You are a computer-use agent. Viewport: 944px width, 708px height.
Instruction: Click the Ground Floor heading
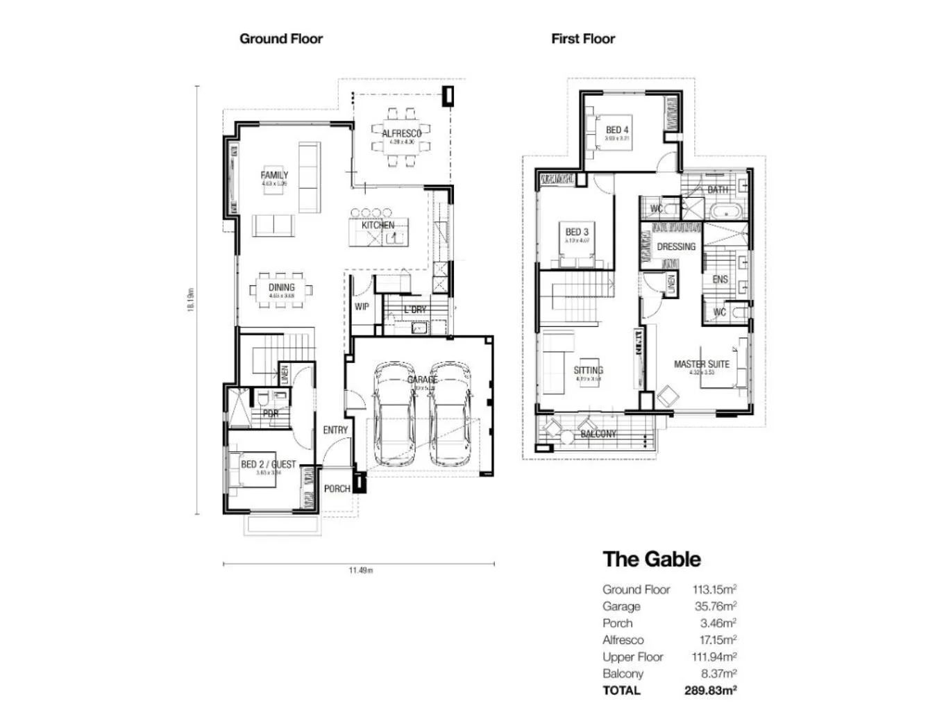[281, 39]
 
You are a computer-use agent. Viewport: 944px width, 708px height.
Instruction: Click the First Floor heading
[583, 39]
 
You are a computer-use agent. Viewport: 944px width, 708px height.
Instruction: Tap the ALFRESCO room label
[401, 133]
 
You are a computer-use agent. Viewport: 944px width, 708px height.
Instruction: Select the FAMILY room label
[274, 176]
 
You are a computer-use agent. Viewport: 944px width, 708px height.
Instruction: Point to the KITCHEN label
[378, 226]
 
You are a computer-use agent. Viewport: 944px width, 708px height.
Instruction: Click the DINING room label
[281, 287]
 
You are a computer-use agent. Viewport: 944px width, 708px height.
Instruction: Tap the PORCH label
[337, 489]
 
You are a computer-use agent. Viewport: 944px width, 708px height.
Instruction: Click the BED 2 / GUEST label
[268, 464]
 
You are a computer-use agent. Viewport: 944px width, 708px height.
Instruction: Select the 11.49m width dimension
[360, 571]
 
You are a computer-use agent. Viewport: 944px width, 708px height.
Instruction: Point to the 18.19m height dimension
[191, 300]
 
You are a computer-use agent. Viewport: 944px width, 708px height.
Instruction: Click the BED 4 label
[617, 130]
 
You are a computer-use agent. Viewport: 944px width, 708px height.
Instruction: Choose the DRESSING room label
[676, 246]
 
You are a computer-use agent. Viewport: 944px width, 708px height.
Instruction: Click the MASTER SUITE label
[702, 364]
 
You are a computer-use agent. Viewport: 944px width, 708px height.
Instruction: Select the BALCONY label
[598, 434]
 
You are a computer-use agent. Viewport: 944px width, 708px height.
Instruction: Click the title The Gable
[652, 559]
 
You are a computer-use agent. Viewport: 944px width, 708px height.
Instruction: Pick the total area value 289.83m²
[710, 691]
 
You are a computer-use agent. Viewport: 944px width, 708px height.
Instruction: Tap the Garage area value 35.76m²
[716, 607]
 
